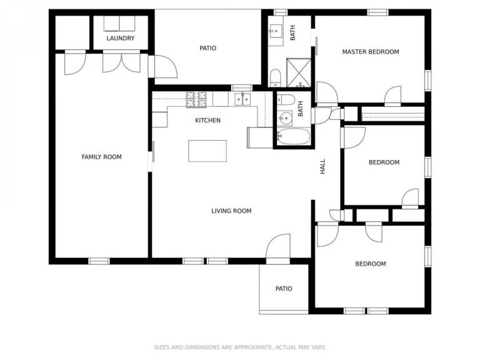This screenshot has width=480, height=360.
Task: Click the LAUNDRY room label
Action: (120, 38)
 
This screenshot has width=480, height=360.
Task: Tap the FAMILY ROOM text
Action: (102, 157)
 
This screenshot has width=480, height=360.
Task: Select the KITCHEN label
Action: (208, 120)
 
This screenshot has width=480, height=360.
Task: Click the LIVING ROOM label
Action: (231, 211)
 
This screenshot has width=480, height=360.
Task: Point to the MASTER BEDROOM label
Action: (371, 52)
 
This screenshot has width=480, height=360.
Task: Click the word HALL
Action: (322, 166)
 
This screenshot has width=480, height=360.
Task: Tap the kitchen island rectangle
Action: (207, 151)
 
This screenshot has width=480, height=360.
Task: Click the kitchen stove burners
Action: (196, 99)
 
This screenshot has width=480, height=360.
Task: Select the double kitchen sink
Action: (242, 99)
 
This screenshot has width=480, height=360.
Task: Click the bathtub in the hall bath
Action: (293, 136)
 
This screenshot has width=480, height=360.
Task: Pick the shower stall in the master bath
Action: (299, 73)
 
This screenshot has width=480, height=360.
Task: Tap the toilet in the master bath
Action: (276, 78)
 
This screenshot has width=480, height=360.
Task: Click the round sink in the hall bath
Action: (286, 118)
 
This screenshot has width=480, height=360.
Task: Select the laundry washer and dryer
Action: (119, 24)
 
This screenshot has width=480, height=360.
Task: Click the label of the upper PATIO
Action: (208, 48)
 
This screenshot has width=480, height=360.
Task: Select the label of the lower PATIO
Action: (284, 289)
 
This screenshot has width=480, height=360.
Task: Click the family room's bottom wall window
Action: (99, 261)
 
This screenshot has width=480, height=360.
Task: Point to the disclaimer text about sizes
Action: (240, 347)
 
